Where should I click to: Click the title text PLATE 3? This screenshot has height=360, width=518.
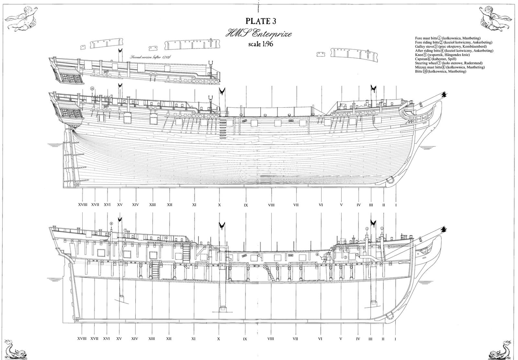click(261, 21)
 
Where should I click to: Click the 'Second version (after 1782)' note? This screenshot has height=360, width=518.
click(150, 57)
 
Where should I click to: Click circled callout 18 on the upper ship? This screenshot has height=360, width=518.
click(92, 88)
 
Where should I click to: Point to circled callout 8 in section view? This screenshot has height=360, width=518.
click(111, 223)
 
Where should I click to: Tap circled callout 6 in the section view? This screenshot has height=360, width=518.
click(166, 237)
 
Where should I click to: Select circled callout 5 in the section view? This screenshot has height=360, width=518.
click(259, 256)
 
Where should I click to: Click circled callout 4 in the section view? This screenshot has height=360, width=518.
click(318, 255)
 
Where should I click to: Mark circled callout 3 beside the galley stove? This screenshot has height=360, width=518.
click(345, 257)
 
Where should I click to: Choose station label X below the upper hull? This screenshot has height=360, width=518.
click(220, 205)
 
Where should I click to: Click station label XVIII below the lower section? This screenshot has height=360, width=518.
click(82, 339)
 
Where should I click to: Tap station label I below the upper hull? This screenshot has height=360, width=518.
click(396, 205)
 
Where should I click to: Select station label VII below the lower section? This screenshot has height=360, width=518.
click(295, 339)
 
